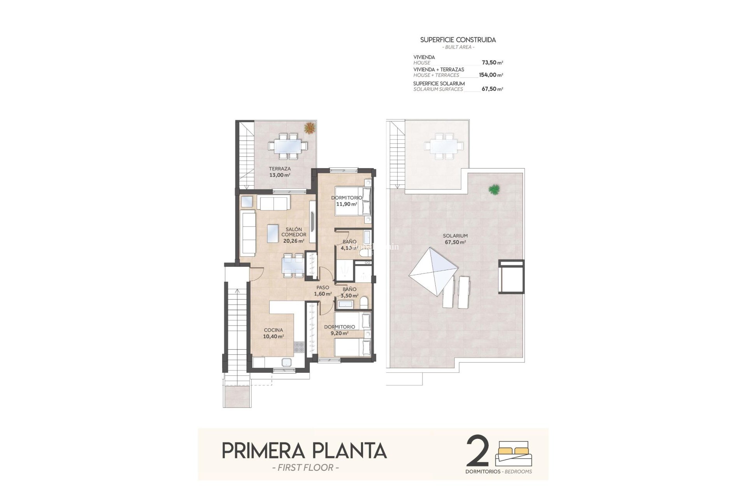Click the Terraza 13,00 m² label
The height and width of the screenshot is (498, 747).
coord(280,172)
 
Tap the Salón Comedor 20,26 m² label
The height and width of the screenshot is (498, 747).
coord(294,235)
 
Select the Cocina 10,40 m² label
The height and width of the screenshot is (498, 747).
coord(274,333)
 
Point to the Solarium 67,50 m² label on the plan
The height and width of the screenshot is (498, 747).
coord(455,238)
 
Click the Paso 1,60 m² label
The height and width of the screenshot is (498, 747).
coord(323,291)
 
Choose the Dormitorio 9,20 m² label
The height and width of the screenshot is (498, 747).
coord(339,330)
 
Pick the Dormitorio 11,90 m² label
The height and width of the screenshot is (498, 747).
coord(346,201)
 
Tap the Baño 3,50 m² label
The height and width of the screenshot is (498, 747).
coord(349,292)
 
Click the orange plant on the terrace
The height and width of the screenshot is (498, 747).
coord(310,128)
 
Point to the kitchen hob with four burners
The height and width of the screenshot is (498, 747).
coord(299,347)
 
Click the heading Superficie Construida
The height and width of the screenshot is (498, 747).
coord(458,40)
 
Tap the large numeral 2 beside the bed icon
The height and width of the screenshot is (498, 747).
coord(477,451)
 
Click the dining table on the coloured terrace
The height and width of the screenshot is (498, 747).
coord(288,146)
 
